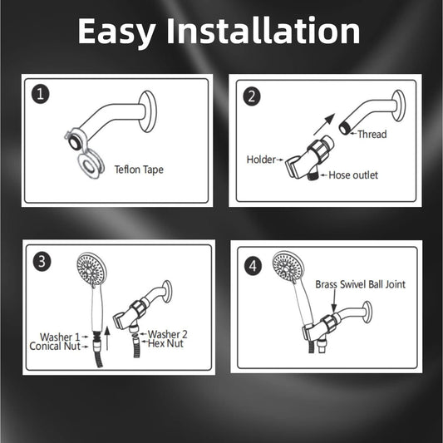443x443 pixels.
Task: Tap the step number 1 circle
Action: [x=39, y=94]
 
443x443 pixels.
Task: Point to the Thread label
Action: [x=372, y=134]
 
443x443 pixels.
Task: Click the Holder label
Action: [x=261, y=159]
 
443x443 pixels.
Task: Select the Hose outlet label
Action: [x=353, y=175]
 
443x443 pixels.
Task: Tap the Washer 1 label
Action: [x=55, y=336]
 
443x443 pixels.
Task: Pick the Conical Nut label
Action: [x=55, y=346]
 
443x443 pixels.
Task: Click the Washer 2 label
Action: [x=167, y=334]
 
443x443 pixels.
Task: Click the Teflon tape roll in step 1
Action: [x=86, y=165]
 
